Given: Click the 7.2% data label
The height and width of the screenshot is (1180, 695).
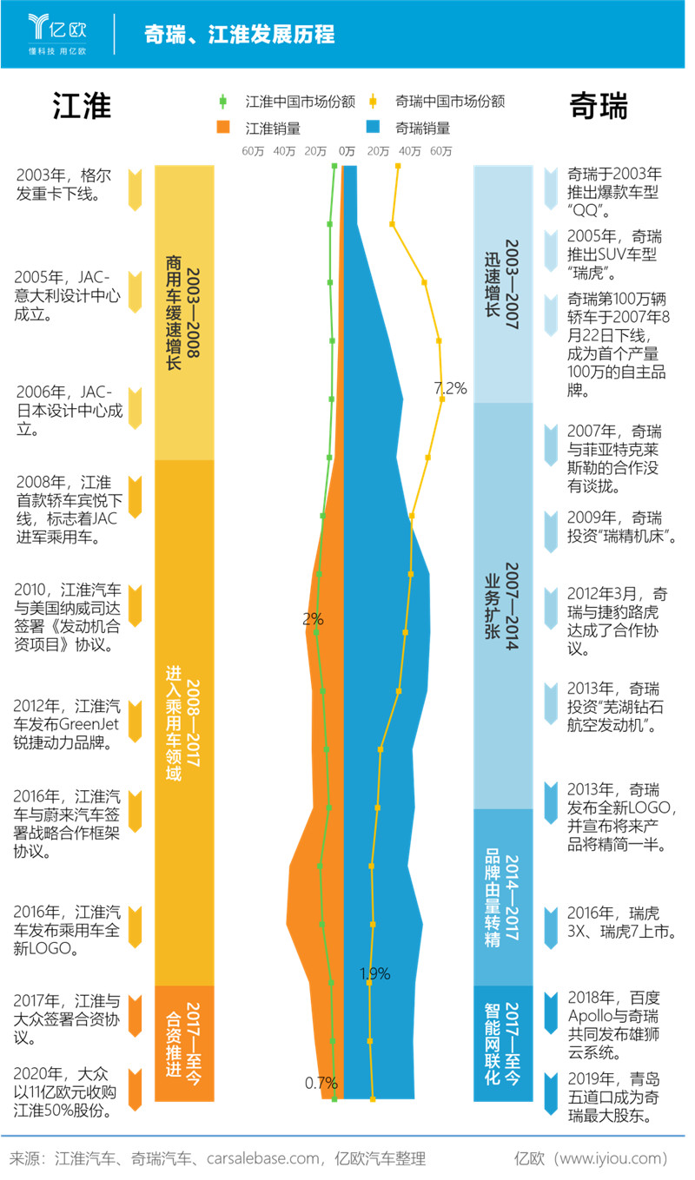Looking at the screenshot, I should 450,388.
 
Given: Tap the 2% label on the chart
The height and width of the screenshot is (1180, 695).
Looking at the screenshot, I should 313,619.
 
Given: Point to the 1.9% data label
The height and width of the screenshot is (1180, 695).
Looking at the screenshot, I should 375,972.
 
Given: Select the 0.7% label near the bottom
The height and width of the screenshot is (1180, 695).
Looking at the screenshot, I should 321,1083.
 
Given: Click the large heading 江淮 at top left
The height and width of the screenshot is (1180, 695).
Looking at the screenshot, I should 82,106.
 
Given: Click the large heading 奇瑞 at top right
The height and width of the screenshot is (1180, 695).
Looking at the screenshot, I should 599,106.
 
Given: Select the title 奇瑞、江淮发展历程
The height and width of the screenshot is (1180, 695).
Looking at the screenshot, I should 240,34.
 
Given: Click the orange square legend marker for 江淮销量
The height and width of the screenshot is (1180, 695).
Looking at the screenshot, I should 223,128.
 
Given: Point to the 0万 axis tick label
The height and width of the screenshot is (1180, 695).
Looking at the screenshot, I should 347,151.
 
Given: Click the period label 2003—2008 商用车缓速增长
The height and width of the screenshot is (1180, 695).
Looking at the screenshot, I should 184,312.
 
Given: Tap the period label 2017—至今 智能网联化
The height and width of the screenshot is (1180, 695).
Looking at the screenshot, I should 503,1043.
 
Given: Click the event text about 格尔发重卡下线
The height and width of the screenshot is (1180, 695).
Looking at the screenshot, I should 64,184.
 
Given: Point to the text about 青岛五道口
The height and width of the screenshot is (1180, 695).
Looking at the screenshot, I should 613,1098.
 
